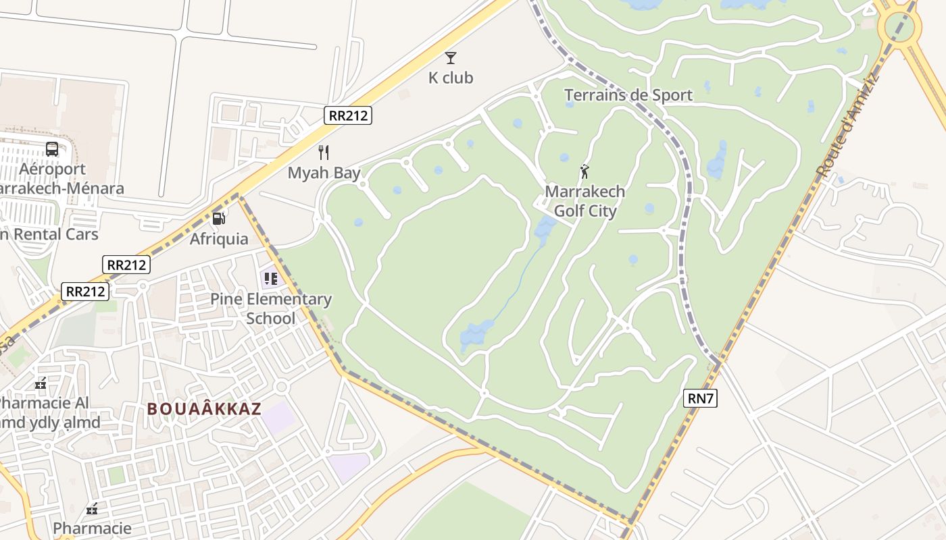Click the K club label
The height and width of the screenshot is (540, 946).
coord(451,78)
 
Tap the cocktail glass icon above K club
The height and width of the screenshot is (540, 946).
coord(451,58)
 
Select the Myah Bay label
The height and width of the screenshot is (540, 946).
coord(324,173)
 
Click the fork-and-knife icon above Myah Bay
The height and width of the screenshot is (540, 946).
coord(324,153)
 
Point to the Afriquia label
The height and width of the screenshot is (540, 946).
coord(219,239)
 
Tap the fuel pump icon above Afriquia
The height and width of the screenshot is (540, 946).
coord(218,218)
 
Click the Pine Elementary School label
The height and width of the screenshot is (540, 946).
coord(271,308)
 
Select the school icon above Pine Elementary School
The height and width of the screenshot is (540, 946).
coord(271,278)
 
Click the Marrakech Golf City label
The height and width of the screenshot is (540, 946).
coord(585,201)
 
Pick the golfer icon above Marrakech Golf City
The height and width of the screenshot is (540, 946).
coord(584,171)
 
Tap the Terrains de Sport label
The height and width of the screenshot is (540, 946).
coord(628,95)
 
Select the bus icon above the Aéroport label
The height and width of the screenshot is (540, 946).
coord(52,148)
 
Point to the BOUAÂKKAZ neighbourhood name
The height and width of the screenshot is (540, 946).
coord(204,409)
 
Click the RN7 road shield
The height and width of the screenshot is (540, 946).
coord(701,398)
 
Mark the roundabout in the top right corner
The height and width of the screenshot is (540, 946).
coord(899,28)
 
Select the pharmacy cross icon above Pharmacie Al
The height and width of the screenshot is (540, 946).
coord(41,383)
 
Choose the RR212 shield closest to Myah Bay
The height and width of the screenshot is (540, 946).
coord(348,115)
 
